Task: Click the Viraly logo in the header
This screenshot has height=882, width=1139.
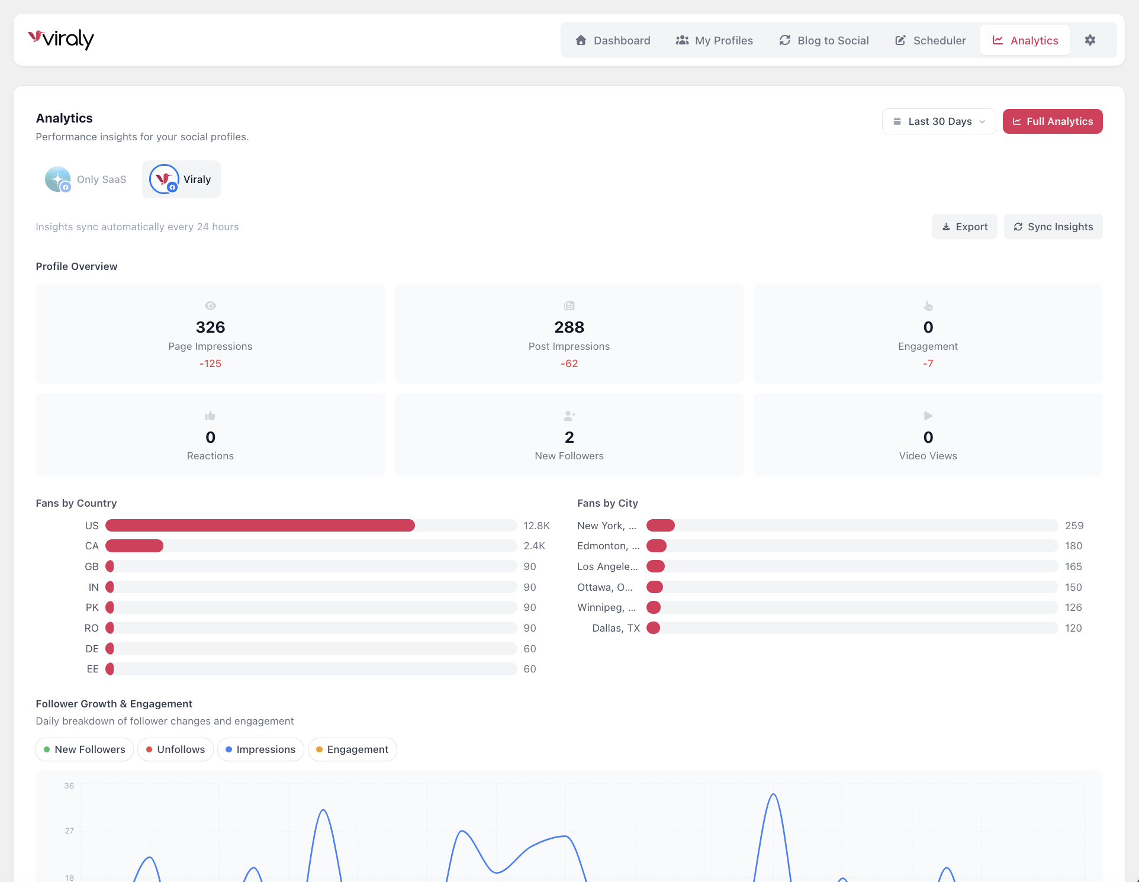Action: (x=61, y=39)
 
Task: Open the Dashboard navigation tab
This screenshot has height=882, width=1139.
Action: (x=613, y=40)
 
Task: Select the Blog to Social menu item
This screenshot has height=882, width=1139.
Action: (x=824, y=40)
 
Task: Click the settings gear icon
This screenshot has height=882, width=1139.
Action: (x=1090, y=40)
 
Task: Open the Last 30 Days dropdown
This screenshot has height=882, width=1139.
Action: (x=939, y=121)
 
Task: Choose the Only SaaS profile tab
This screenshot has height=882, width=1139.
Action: (x=86, y=179)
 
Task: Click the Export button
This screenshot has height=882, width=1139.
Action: (x=964, y=227)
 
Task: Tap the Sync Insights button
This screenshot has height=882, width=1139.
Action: (x=1053, y=227)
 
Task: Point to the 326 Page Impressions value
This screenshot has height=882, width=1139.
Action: (x=210, y=327)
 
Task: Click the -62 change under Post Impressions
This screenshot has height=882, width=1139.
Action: (x=569, y=363)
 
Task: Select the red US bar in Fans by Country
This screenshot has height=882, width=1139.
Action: (x=260, y=526)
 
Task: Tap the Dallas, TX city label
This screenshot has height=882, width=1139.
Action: (x=616, y=628)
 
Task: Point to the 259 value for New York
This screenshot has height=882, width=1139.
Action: (x=1074, y=526)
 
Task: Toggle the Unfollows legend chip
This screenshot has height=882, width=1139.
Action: (x=175, y=749)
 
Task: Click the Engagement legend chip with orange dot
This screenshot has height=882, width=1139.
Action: (x=352, y=749)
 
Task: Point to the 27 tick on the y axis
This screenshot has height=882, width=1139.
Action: (x=69, y=831)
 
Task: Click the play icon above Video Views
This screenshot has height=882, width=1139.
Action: (x=928, y=416)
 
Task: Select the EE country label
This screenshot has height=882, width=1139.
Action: (x=92, y=669)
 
